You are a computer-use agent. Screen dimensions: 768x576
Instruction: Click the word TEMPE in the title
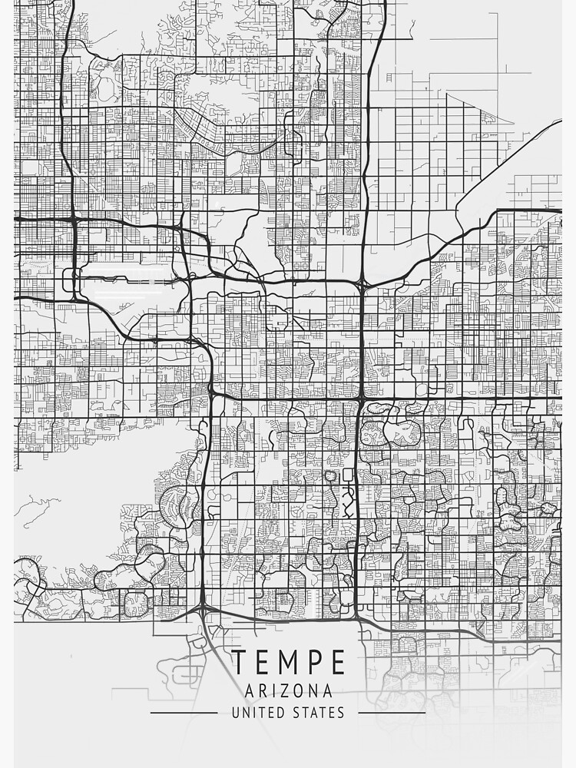point(288,662)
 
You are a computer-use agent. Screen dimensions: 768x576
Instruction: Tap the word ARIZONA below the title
point(288,690)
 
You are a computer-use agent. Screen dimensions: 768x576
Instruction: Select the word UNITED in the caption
point(258,713)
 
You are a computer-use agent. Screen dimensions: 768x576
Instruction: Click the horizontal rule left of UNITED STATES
point(184,713)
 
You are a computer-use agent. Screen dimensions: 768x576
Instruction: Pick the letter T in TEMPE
point(240,662)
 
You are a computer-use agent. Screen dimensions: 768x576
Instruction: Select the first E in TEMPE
point(262,662)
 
